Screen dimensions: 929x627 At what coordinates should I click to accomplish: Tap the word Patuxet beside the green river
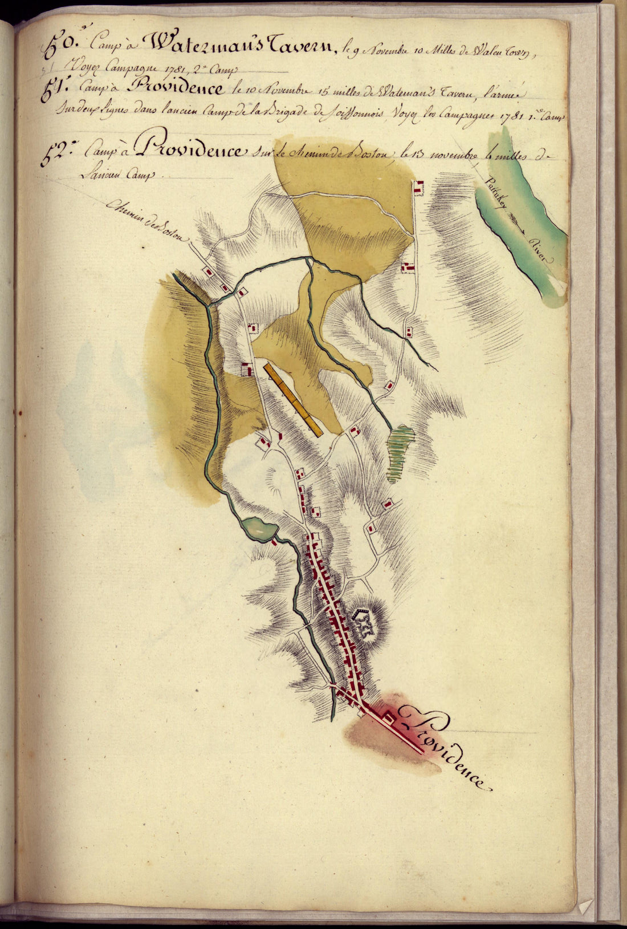tap(495, 194)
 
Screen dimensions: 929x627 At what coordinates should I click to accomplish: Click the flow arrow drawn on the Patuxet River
tap(516, 220)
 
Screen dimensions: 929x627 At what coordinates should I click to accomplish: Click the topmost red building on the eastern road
tap(420, 187)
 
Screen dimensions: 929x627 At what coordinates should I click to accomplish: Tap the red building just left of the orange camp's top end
tap(247, 369)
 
